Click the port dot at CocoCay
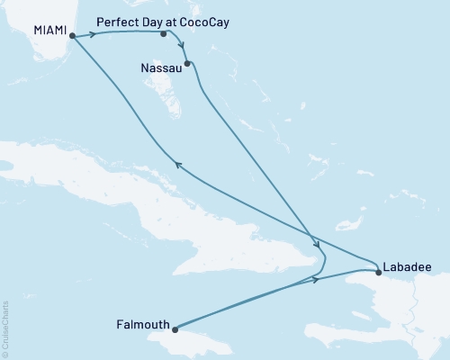tap(163, 34)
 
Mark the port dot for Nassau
tap(187, 63)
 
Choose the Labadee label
tap(406, 266)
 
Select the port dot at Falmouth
tap(176, 329)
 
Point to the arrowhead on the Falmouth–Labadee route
tap(317, 281)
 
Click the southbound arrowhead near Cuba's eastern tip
tap(316, 244)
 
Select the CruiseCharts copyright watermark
tap(6, 325)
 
